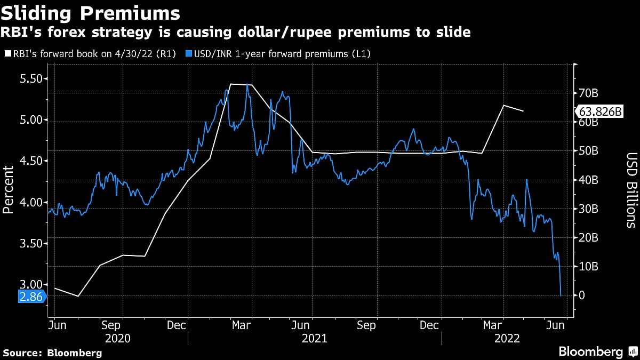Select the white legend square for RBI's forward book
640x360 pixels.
coord(6,54)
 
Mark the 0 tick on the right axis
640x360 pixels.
coord(583,295)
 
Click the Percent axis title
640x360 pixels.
coord(8,190)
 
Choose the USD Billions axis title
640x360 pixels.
coord(631,190)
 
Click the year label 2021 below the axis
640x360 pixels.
coord(314,338)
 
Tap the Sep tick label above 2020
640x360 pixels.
coord(111,325)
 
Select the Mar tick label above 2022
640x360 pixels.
coord(496,325)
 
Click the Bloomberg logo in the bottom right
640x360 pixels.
coord(597,351)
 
